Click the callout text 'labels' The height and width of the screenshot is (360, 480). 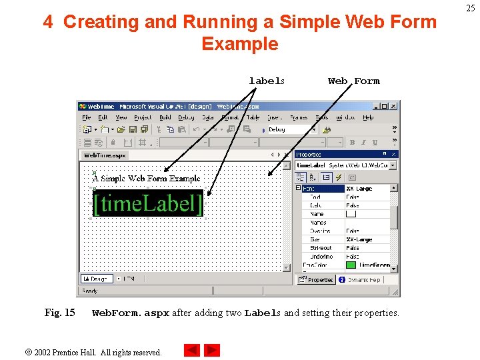click(267, 81)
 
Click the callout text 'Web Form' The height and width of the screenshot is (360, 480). click(353, 81)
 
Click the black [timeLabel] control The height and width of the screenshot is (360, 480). click(147, 203)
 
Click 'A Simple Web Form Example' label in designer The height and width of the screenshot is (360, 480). click(146, 179)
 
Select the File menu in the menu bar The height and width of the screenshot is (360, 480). click(87, 117)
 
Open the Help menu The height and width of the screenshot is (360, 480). click(368, 117)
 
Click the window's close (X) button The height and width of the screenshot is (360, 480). click(393, 106)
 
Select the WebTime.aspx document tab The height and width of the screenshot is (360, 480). click(104, 155)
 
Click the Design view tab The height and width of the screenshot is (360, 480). click(96, 279)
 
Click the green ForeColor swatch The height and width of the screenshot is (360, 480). click(350, 265)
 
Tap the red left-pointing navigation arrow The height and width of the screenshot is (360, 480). click(192, 350)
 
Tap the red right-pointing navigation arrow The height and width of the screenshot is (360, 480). click(212, 350)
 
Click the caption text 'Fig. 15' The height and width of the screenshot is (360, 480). click(59, 313)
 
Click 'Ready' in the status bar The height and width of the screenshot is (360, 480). click(89, 291)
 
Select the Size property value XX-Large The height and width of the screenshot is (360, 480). click(359, 239)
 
